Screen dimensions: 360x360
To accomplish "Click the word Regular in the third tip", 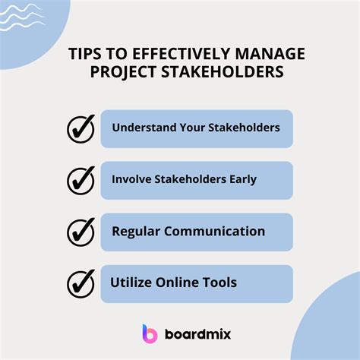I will (x=137, y=231).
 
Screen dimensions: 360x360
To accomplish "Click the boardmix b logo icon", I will (x=149, y=333).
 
